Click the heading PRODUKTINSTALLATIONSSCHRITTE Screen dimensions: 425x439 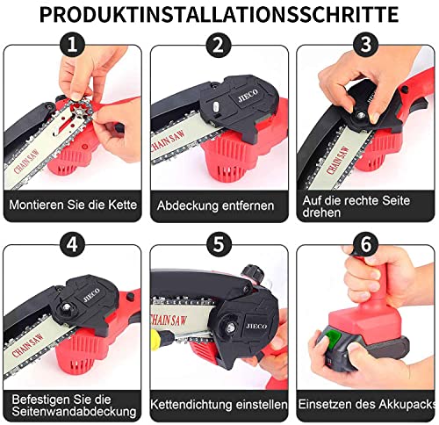(x=219, y=14)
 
